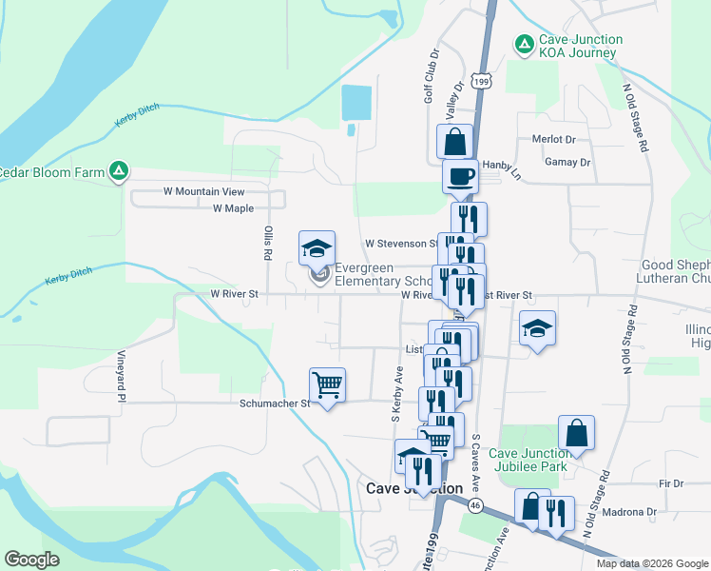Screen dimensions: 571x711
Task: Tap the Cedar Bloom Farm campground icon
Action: [119, 171]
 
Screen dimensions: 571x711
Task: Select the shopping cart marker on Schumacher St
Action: [327, 385]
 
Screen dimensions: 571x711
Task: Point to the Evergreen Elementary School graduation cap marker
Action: [317, 249]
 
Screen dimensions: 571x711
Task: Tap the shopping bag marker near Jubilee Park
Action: [576, 433]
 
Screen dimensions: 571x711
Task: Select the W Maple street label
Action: [233, 207]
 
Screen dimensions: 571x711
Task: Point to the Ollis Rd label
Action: [268, 244]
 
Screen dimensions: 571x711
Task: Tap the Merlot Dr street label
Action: [554, 139]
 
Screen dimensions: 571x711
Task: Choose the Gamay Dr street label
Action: [567, 162]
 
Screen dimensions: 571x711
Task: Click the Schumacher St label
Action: [274, 404]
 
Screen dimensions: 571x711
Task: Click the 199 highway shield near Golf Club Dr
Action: [483, 83]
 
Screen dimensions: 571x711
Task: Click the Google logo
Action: [31, 560]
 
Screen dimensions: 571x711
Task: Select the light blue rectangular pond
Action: [356, 103]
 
